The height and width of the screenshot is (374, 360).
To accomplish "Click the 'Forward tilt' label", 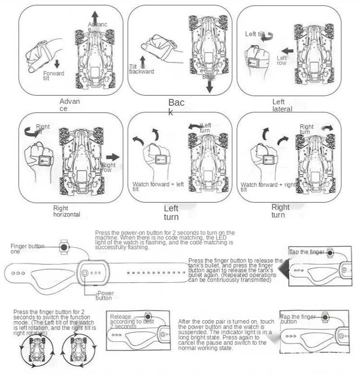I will [53, 75].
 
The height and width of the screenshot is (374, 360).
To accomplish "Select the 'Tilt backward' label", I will [141, 69].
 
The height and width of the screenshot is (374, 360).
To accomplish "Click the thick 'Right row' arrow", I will [113, 157].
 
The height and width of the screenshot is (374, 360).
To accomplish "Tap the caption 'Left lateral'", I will [282, 106].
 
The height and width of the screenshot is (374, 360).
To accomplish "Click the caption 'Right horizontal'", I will [67, 211].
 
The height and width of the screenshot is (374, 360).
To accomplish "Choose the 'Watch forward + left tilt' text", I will [158, 187].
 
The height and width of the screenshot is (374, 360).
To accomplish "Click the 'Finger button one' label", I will [27, 249].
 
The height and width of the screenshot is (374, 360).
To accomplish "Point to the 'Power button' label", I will [104, 295].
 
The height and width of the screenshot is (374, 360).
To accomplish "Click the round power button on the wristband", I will [85, 273].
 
